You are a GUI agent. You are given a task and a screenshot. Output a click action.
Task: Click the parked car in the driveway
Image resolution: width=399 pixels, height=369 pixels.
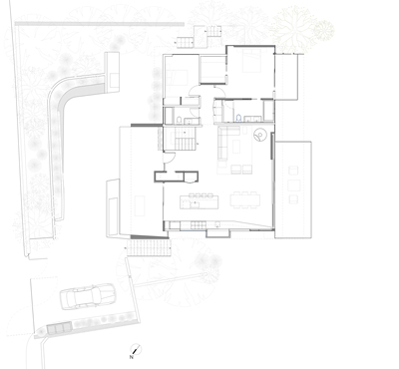(88, 296)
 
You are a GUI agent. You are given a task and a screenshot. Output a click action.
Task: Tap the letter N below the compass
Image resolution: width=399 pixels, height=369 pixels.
(132, 357)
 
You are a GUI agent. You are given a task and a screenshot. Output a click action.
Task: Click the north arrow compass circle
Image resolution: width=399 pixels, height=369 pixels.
(136, 349)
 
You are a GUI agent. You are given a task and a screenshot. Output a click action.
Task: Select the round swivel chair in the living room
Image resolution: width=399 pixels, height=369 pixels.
(259, 135)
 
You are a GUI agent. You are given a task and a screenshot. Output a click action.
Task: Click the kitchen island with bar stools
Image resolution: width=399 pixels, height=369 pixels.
(199, 200)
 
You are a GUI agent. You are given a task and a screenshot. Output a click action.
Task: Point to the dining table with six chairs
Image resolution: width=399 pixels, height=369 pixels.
(245, 199)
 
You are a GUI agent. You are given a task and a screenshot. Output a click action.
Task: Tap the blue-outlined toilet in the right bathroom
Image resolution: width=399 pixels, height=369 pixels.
(238, 118)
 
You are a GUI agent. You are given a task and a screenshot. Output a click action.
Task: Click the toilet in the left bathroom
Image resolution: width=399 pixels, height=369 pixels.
(179, 120)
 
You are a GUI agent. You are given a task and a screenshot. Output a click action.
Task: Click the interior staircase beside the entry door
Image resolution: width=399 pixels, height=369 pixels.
(183, 140)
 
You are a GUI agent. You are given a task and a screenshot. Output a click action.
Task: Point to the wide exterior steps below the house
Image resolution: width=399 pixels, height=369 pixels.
(149, 248)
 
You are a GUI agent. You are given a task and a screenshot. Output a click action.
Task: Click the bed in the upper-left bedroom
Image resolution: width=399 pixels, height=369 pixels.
(178, 78)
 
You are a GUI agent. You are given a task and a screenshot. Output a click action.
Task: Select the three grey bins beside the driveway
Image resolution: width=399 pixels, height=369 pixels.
(59, 329)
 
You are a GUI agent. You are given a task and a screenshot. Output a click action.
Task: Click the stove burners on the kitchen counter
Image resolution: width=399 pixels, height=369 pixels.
(198, 226)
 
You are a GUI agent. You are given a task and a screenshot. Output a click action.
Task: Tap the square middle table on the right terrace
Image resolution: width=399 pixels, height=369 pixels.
(294, 185)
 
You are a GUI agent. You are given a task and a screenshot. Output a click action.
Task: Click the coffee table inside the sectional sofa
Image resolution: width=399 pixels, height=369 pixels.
(236, 147)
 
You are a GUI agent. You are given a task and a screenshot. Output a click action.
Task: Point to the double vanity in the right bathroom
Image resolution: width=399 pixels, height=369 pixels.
(253, 118)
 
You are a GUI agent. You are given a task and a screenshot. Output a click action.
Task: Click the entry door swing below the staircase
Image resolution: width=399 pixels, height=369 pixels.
(171, 158)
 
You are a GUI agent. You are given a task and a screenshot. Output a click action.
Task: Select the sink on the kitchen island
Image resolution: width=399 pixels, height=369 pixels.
(195, 203)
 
